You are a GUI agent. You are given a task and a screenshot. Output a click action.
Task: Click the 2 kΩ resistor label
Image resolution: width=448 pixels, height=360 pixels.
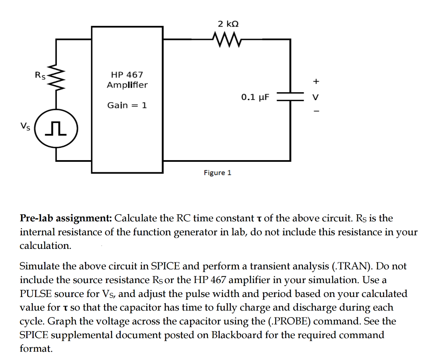pos(228,24)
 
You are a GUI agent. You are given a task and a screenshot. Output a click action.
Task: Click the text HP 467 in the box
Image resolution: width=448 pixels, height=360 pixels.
pos(127,75)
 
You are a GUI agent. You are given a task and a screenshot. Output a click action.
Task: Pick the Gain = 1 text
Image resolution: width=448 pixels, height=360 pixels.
pos(127,105)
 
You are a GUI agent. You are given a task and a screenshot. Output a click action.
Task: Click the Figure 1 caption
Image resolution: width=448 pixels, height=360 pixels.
pos(217,173)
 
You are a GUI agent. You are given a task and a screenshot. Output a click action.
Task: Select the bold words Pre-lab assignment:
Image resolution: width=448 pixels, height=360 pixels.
pos(66,218)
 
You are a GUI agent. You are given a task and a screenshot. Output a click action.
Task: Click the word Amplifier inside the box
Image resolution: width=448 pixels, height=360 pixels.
pos(127,85)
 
